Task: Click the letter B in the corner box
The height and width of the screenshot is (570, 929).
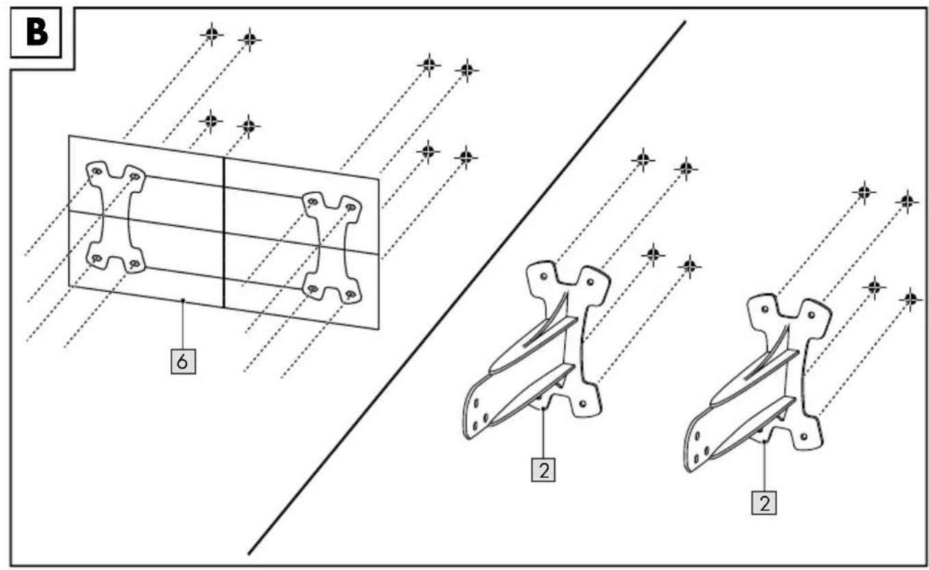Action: (x=36, y=33)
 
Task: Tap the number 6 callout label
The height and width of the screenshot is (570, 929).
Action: (x=183, y=362)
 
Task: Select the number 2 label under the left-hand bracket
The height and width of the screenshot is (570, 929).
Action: (x=544, y=469)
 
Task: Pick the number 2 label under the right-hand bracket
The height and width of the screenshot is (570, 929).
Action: (x=764, y=503)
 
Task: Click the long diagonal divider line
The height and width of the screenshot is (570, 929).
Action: (x=467, y=287)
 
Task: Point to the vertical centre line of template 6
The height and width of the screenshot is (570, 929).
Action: (x=224, y=233)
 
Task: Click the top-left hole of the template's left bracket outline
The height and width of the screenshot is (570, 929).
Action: (x=97, y=171)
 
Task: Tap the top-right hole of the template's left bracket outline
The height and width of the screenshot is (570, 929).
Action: (x=135, y=177)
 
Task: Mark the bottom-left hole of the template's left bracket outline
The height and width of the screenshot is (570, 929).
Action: (x=97, y=258)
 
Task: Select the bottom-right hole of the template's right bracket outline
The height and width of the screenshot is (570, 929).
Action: (x=351, y=295)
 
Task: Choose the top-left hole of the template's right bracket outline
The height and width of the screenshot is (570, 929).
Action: (x=313, y=202)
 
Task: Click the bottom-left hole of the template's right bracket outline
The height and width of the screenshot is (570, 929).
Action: (x=313, y=288)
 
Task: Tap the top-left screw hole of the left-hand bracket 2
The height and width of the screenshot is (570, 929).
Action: (x=544, y=276)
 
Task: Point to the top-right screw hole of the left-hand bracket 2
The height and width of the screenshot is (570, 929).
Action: (x=590, y=283)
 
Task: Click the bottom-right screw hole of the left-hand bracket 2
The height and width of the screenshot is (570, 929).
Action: (x=583, y=403)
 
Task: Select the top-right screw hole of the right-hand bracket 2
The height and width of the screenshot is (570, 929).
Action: (x=811, y=316)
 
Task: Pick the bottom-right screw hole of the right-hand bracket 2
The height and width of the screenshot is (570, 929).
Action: (x=804, y=436)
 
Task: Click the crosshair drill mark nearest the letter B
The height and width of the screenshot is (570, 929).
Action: (x=212, y=34)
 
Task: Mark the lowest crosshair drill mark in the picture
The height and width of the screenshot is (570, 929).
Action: (x=911, y=299)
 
